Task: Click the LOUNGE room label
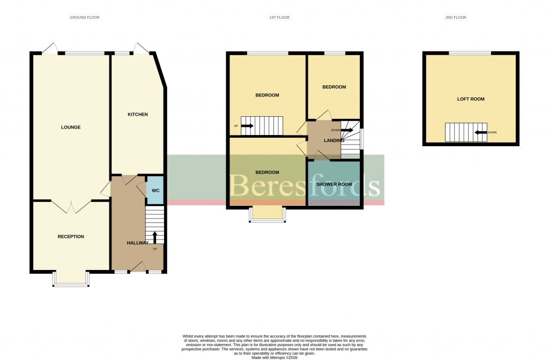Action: tap(71, 127)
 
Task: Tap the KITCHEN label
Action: tap(137, 115)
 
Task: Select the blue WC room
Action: tap(155, 190)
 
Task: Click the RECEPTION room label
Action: tap(71, 237)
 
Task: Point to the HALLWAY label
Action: tap(137, 243)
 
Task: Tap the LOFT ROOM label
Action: tap(471, 99)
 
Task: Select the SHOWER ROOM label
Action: tap(333, 184)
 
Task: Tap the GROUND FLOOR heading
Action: tap(85, 18)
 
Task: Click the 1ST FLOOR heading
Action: tap(279, 18)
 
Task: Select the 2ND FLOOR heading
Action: tap(456, 18)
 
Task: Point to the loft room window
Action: tap(469, 52)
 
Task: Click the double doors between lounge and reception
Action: tap(71, 205)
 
